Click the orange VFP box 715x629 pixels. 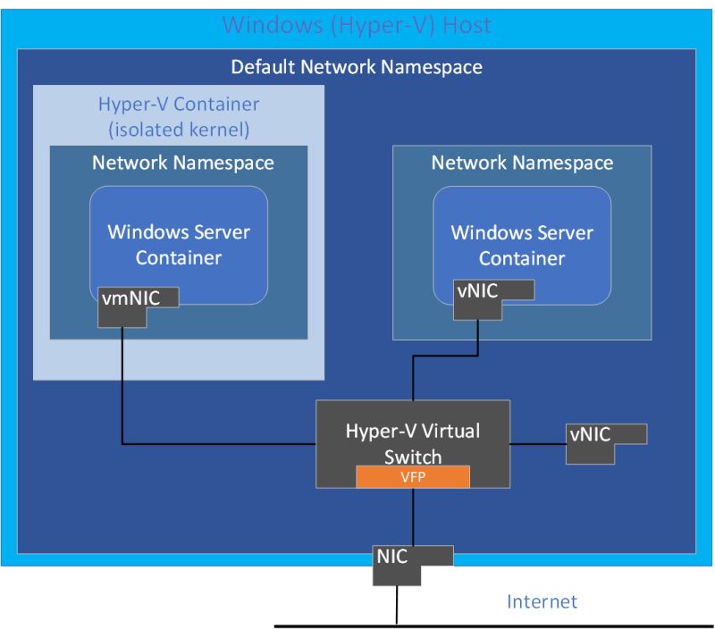[x=413, y=477]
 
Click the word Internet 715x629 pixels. [x=542, y=601]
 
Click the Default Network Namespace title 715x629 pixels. [x=357, y=67]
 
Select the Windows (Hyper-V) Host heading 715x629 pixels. [x=357, y=24]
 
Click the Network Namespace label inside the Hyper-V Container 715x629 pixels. [x=182, y=163]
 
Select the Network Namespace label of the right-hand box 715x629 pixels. [x=522, y=163]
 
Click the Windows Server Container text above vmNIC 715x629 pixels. [x=179, y=245]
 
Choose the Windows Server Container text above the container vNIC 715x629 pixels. [x=522, y=246]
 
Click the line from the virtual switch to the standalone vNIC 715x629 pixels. [x=538, y=442]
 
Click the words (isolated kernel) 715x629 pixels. [x=178, y=129]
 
